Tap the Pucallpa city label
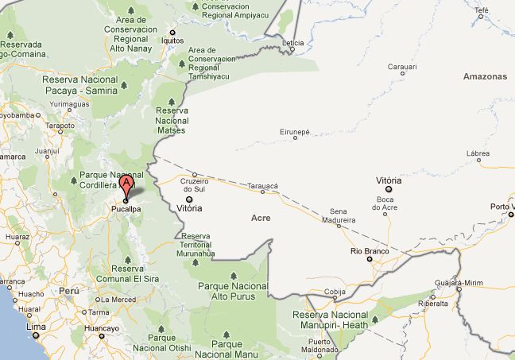click(126, 210)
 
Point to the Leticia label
click(293, 41)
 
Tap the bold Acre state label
click(261, 217)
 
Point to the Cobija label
click(335, 292)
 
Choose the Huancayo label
click(102, 327)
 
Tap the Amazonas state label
click(485, 76)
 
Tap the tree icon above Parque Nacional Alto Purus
click(234, 277)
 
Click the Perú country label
click(70, 291)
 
